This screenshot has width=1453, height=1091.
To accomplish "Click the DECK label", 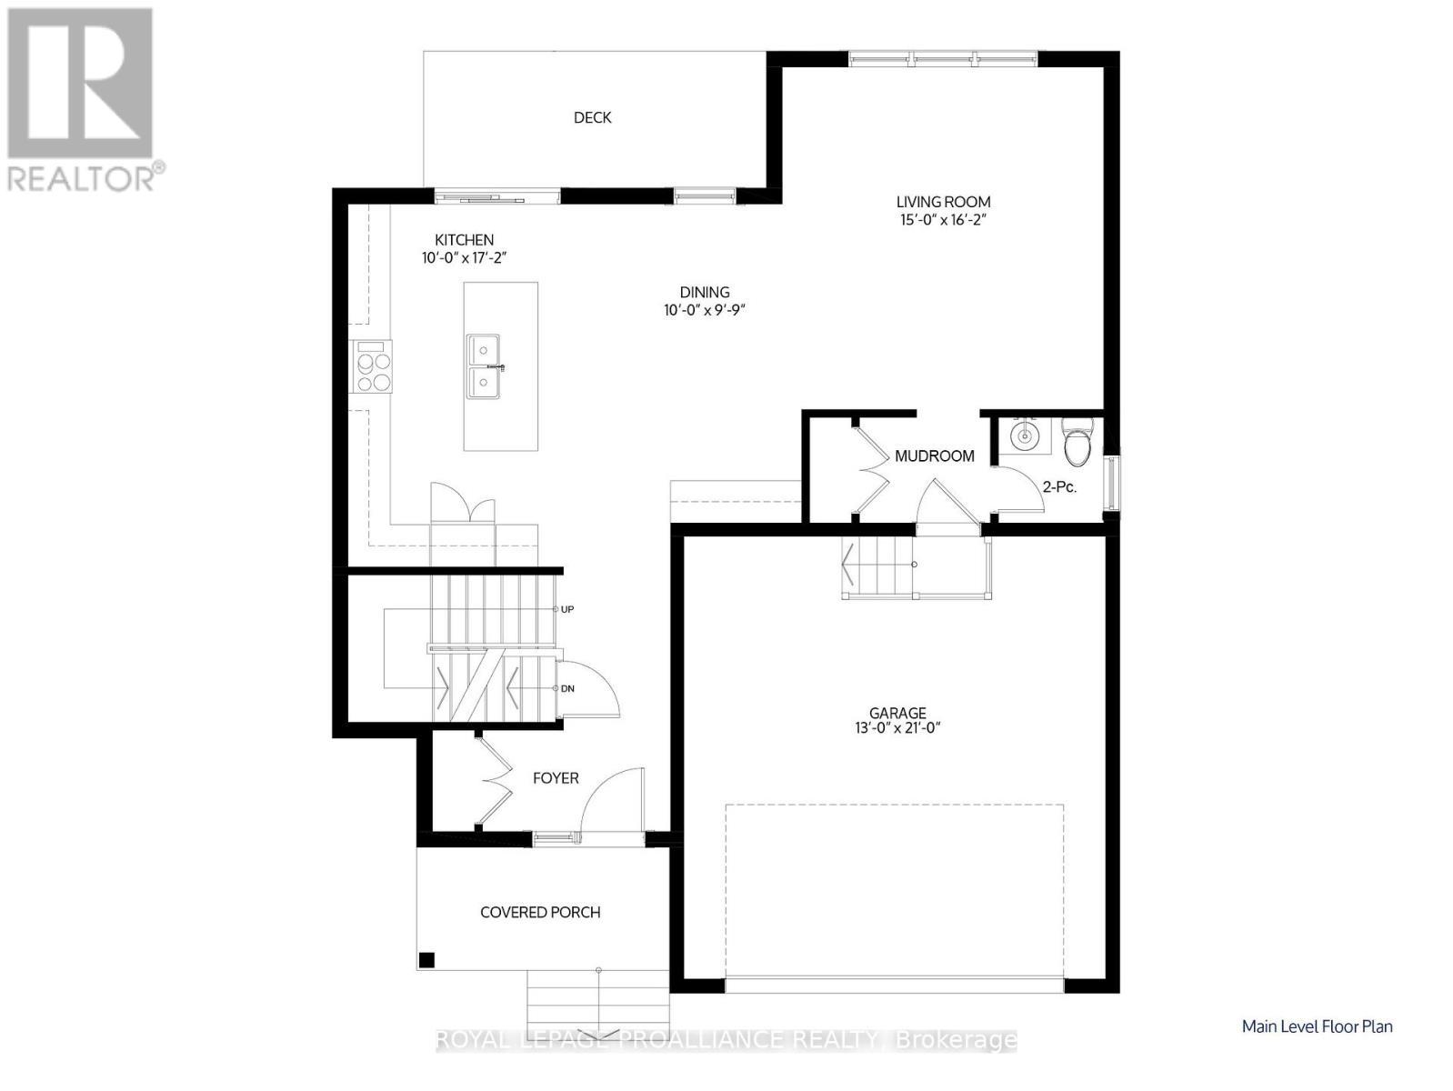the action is coord(592,118).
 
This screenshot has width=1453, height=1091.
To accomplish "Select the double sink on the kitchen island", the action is coord(485,366).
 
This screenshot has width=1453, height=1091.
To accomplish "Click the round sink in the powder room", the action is coord(1025,435).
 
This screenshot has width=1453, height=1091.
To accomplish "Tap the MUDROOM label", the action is coord(934,455).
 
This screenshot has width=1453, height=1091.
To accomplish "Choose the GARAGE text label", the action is coord(897,713).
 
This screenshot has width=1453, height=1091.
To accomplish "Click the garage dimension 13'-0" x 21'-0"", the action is coord(897,728).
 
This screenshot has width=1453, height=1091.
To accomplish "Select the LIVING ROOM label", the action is coord(943,202).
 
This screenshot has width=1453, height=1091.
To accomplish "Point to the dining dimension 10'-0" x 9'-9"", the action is coord(705,310).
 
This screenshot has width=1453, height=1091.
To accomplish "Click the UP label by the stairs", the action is coord(567,609).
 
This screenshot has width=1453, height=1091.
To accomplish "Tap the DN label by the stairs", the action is coord(567,689).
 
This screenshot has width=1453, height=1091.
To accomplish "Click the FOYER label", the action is coord(556,778).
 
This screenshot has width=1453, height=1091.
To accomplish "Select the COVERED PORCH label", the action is coord(540,913).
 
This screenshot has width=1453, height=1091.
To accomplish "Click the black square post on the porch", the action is coord(427,959).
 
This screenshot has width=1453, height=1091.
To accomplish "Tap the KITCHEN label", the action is coord(464,239).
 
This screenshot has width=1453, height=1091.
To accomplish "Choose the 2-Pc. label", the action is coord(1060,487).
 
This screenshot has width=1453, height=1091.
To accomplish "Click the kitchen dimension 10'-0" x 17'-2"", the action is coord(464,257).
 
